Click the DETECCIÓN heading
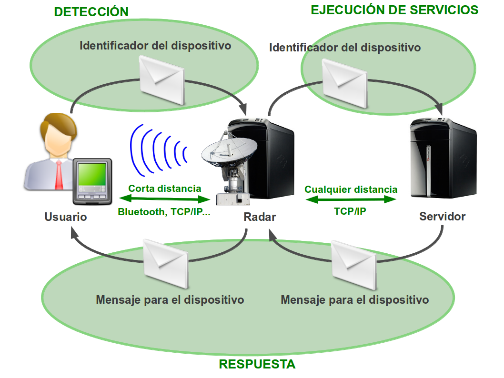click(91, 12)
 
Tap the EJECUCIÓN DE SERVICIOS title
click(394, 10)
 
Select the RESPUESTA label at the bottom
click(257, 365)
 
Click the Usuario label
click(66, 217)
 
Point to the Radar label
click(260, 217)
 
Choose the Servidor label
click(442, 217)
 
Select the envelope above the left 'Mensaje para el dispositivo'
click(165, 264)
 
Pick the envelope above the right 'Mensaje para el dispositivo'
click(353, 265)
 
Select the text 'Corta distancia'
click(164, 189)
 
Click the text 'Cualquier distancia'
click(351, 189)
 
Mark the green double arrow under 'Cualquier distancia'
click(351, 199)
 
